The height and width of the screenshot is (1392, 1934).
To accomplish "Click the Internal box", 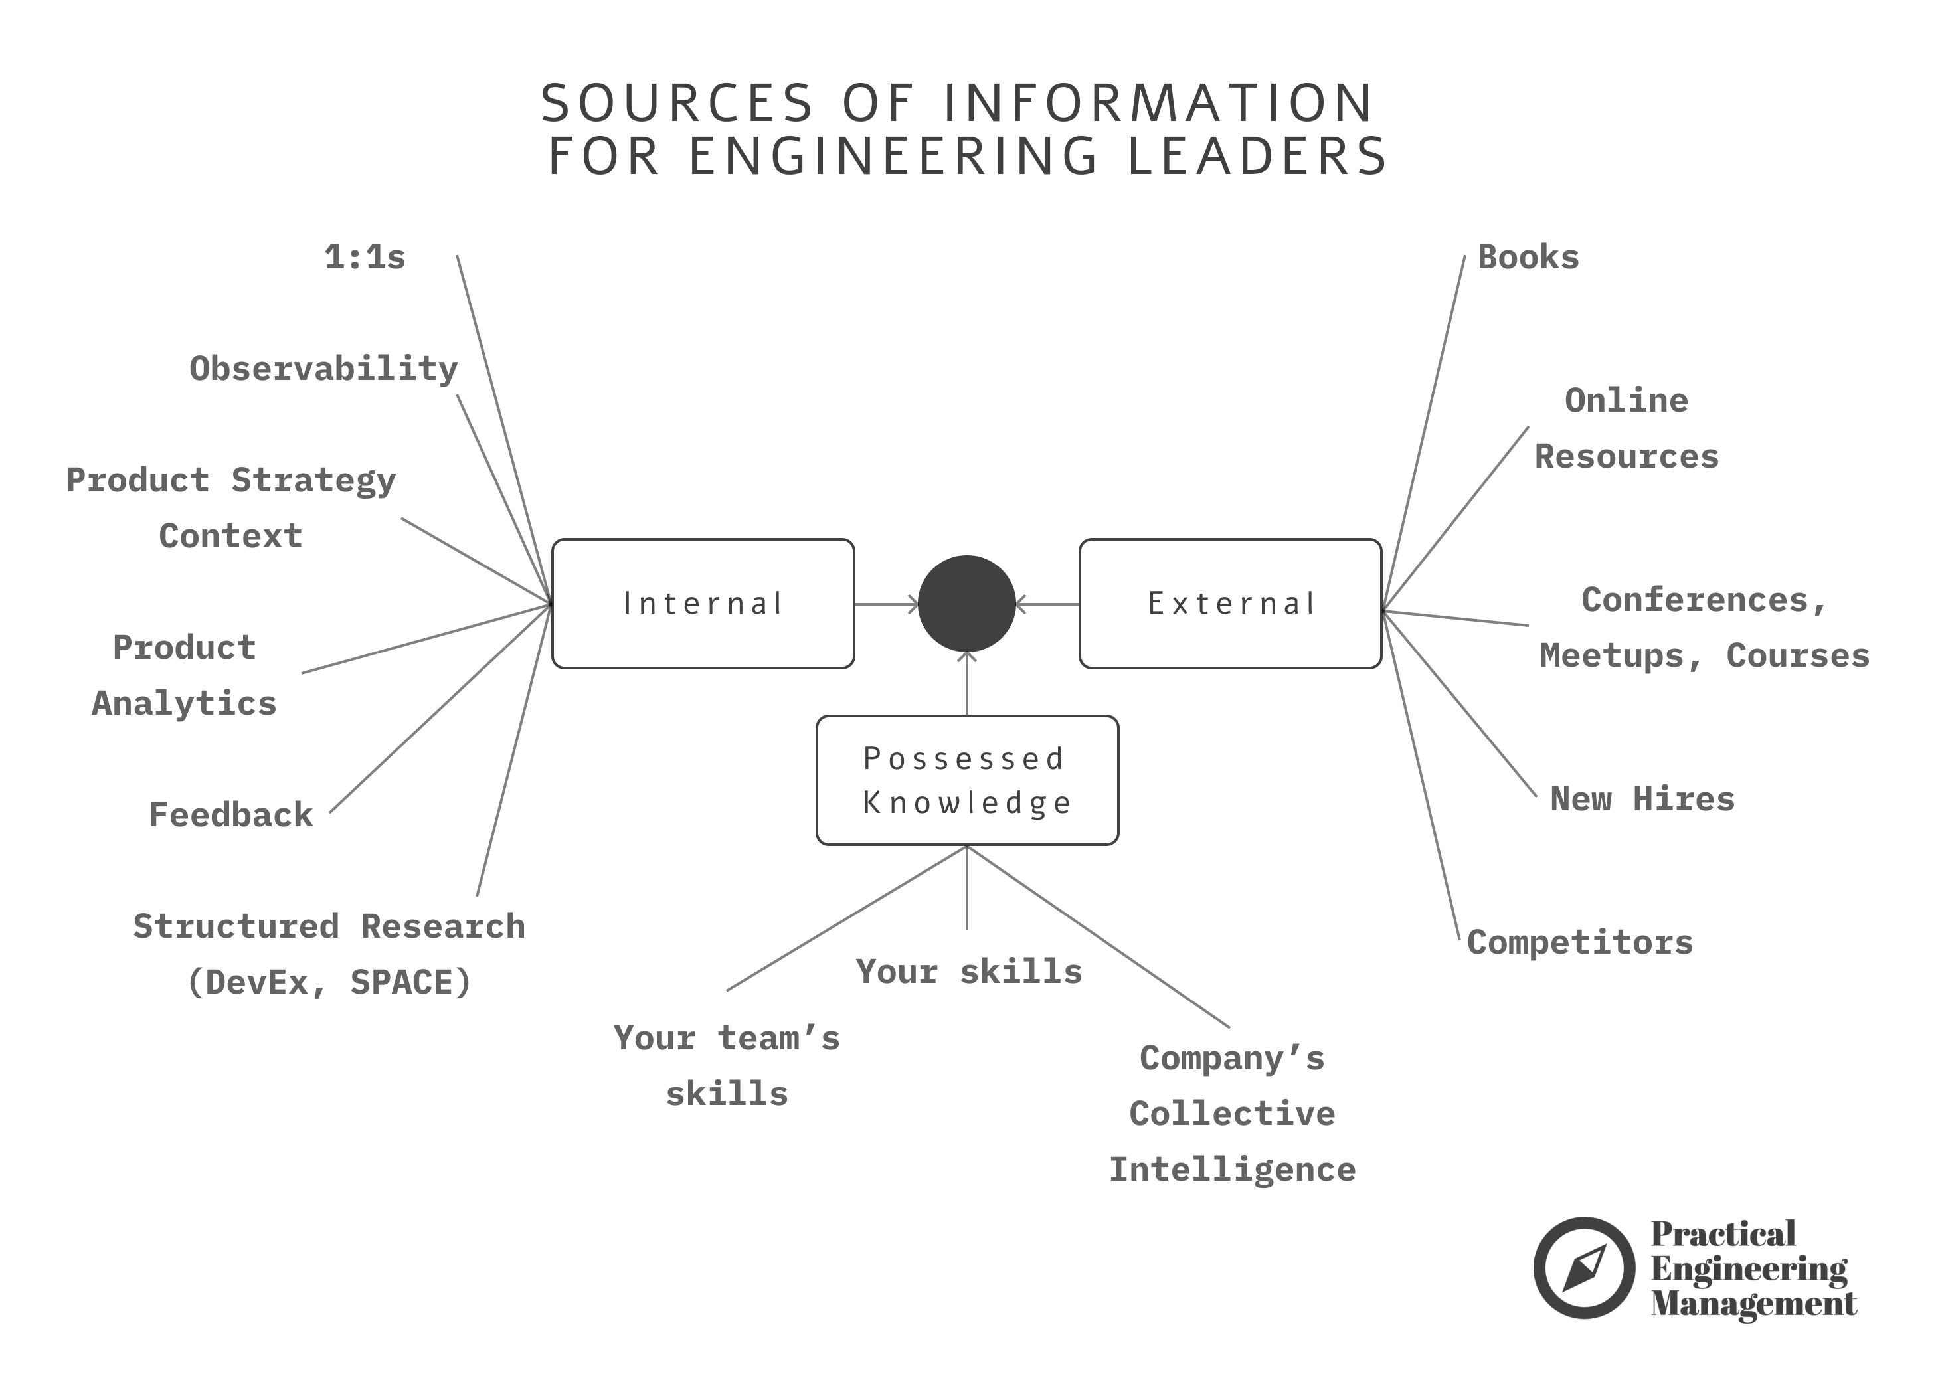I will pyautogui.click(x=703, y=603).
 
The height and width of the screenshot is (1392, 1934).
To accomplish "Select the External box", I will pyautogui.click(x=1229, y=603).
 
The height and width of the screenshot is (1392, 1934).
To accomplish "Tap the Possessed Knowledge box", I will pyautogui.click(x=967, y=780).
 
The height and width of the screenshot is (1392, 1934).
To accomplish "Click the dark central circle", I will pyautogui.click(x=966, y=603).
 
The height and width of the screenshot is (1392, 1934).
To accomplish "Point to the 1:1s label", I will pyautogui.click(x=365, y=257).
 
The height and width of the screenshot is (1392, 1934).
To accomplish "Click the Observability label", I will pyautogui.click(x=323, y=369).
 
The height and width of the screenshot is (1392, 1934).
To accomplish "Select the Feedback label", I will pyautogui.click(x=231, y=815).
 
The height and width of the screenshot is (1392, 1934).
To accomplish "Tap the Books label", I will pyautogui.click(x=1528, y=257).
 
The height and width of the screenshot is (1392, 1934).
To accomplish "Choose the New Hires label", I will pyautogui.click(x=1642, y=799).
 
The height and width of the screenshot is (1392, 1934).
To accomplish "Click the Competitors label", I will pyautogui.click(x=1580, y=942).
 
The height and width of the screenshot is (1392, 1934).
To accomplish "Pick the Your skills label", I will pyautogui.click(x=970, y=972).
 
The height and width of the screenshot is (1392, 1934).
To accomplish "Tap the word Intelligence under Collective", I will pyautogui.click(x=1232, y=1170).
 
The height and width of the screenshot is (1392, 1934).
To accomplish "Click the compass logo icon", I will pyautogui.click(x=1583, y=1267).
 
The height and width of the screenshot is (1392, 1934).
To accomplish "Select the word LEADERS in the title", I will pyautogui.click(x=1258, y=156).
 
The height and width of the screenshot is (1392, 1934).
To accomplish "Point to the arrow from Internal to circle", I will pyautogui.click(x=887, y=604).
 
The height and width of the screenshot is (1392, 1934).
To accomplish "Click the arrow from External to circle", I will pyautogui.click(x=1047, y=604).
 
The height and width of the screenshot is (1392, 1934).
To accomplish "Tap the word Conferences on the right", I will pyautogui.click(x=1695, y=600).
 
